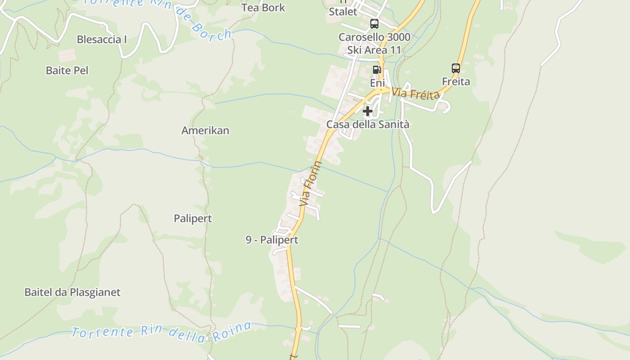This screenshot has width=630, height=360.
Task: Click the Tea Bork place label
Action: pyautogui.click(x=263, y=8)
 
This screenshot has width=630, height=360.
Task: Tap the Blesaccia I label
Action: pyautogui.click(x=102, y=40)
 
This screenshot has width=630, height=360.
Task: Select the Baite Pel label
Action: pyautogui.click(x=67, y=71)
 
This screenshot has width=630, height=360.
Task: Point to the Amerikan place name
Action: pyautogui.click(x=205, y=130)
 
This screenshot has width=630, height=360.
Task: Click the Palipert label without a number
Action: pyautogui.click(x=193, y=219)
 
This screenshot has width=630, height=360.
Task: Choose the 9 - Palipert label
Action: pyautogui.click(x=272, y=240)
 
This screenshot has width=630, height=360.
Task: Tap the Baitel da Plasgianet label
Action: pyautogui.click(x=72, y=292)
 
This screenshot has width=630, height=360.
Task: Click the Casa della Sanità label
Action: pyautogui.click(x=368, y=124)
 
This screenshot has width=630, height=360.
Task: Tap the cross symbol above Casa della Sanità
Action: pyautogui.click(x=368, y=111)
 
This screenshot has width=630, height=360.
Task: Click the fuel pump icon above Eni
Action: pyautogui.click(x=377, y=70)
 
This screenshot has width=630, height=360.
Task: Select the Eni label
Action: pyautogui.click(x=378, y=83)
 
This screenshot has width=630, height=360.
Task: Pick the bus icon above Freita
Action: pyautogui.click(x=456, y=68)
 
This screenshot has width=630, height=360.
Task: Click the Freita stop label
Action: pyautogui.click(x=456, y=81)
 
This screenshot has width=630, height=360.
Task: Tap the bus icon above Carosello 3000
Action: pyautogui.click(x=374, y=24)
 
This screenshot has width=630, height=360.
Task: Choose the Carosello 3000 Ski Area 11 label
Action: pyautogui.click(x=374, y=43)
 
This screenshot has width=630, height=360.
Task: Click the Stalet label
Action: pyautogui.click(x=343, y=12)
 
